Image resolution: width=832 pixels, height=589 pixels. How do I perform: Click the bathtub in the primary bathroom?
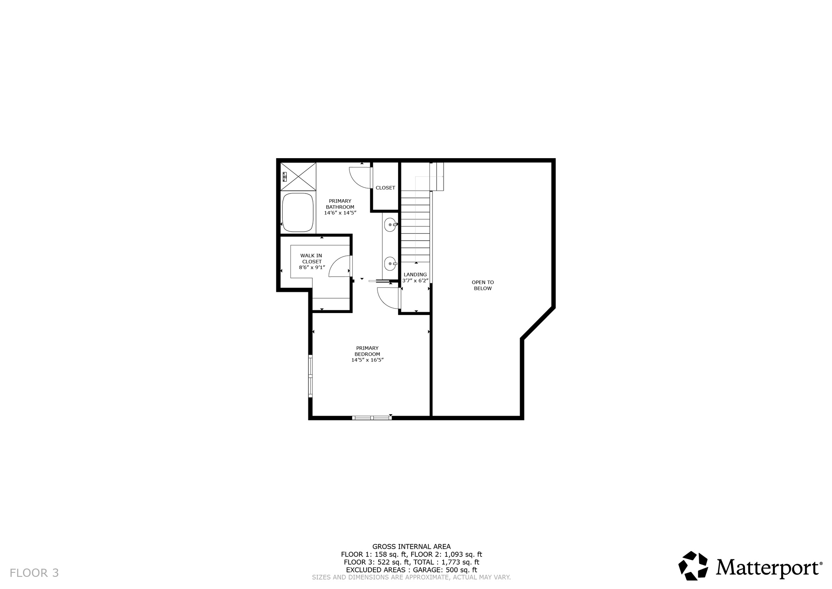[x=298, y=212]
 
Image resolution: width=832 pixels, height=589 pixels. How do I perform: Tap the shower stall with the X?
[x=298, y=176]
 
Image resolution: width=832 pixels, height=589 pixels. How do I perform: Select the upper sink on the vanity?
[x=390, y=224]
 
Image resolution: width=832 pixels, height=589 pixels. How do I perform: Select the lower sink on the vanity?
[x=390, y=264]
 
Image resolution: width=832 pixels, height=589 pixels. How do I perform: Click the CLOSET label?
[x=385, y=188]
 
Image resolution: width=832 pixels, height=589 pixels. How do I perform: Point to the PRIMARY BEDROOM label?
[x=367, y=351]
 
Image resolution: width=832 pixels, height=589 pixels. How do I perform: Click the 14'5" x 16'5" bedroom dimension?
[x=367, y=360]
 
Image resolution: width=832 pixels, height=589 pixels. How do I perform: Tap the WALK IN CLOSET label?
[x=311, y=259]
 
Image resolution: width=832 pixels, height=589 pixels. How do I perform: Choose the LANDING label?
[x=415, y=274]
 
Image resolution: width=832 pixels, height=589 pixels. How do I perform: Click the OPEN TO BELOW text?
[x=483, y=285]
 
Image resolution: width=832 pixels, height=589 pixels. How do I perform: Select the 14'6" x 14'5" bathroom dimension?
[x=340, y=213]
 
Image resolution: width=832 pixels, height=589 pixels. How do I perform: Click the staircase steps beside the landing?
[x=415, y=228]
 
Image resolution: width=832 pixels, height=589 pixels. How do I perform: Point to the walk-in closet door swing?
[x=339, y=266]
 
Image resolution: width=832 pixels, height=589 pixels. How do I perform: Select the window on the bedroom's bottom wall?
[x=372, y=417]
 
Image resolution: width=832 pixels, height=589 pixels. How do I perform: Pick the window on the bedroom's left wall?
[x=310, y=376]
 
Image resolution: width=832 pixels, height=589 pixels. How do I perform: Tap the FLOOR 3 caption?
[x=34, y=573]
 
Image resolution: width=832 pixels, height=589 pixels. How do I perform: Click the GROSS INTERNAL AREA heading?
[x=411, y=547]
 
